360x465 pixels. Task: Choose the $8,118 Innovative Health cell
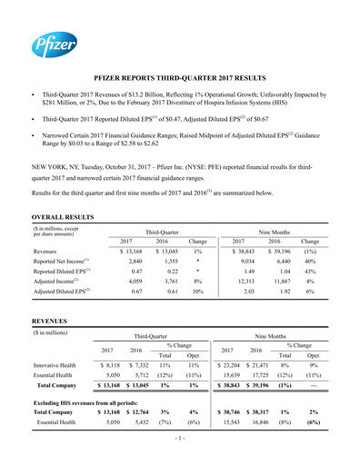(110, 365)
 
